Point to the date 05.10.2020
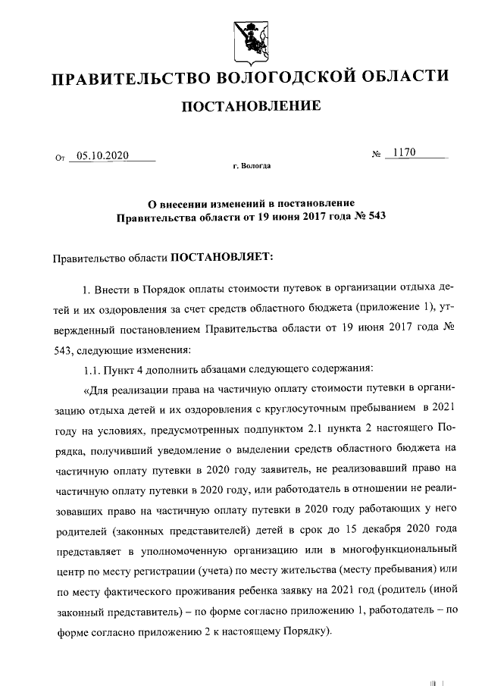(x=103, y=156)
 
